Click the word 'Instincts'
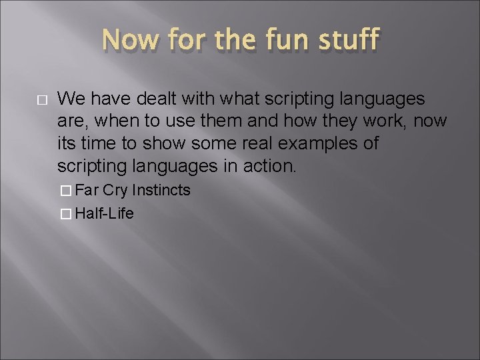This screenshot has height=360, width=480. click(161, 191)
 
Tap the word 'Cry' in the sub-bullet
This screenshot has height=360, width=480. click(116, 191)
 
